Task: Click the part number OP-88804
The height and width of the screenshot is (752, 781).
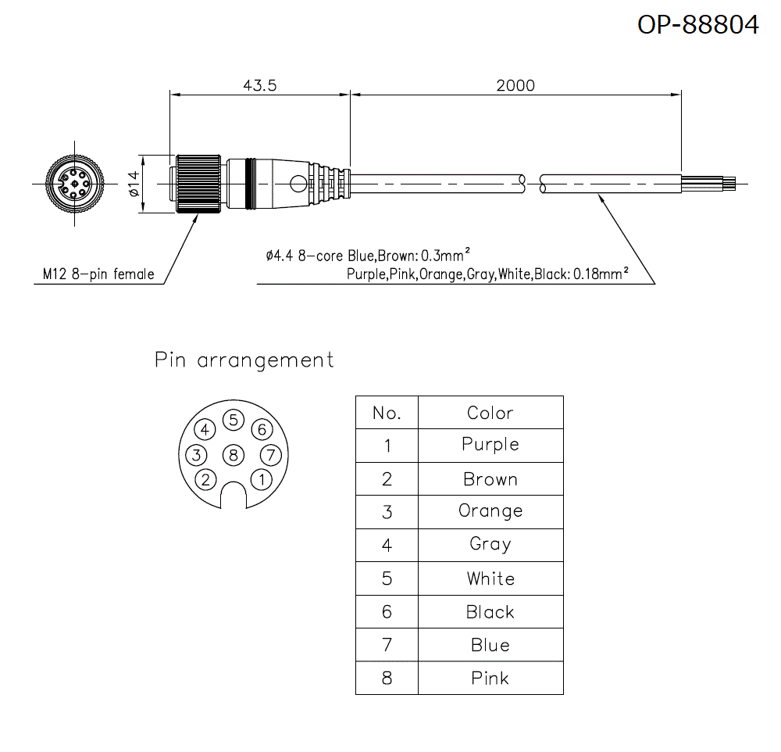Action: click(x=697, y=24)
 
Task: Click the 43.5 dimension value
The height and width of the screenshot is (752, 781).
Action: click(x=260, y=85)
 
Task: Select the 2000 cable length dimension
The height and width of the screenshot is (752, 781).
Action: click(x=515, y=85)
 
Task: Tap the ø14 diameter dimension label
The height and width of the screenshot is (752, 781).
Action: click(x=133, y=184)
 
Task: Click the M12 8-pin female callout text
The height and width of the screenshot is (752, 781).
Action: click(x=98, y=274)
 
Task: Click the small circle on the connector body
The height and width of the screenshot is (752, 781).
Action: click(x=298, y=184)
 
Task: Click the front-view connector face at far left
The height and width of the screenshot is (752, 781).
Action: click(x=73, y=184)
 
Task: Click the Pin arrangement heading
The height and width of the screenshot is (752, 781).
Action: click(x=244, y=360)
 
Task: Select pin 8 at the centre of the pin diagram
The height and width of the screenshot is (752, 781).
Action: click(x=233, y=454)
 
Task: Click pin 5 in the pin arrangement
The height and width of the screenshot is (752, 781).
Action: click(x=233, y=420)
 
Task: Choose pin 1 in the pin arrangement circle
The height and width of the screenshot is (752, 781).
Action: click(x=262, y=478)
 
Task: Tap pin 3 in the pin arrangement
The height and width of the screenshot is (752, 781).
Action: click(x=198, y=454)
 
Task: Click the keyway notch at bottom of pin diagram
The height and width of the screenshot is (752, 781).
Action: click(x=233, y=495)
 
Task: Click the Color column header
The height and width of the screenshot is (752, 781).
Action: click(x=490, y=413)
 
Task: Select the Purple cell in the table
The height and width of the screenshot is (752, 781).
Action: click(x=490, y=445)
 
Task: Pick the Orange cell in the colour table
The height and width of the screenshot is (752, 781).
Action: click(x=490, y=511)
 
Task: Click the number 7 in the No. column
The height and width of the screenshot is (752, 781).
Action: click(x=387, y=645)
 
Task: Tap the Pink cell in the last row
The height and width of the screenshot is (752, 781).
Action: click(x=490, y=678)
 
